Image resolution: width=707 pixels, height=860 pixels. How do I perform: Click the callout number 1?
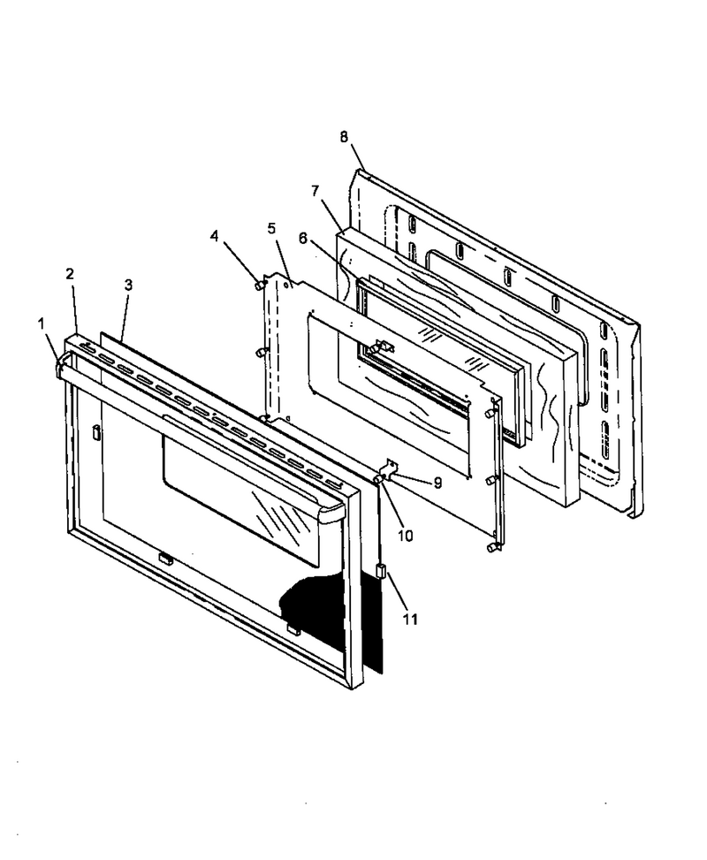pos(42,324)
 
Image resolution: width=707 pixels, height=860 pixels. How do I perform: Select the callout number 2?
pos(70,274)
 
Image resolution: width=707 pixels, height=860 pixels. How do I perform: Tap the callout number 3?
pos(128,285)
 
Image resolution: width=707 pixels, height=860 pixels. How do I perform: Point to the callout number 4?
pos(214,236)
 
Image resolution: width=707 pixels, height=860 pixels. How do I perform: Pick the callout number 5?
pos(272,228)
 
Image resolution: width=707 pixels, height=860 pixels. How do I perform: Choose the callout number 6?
pos(303,239)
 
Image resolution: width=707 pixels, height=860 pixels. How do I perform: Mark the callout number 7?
pos(315,191)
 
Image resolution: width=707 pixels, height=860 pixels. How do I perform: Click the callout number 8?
pos(344,137)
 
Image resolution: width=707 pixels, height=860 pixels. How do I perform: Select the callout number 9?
pos(437,483)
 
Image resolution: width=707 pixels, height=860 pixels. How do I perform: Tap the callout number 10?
pos(405,536)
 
